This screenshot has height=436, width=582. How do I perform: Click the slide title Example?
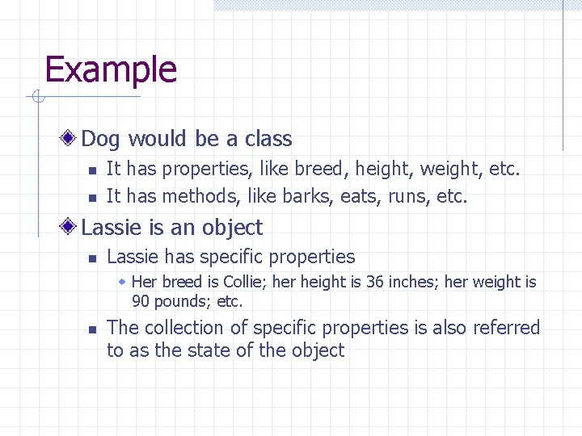pyautogui.click(x=111, y=70)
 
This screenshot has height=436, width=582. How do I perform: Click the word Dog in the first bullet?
pyautogui.click(x=100, y=140)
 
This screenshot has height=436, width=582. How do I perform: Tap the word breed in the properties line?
pyautogui.click(x=318, y=170)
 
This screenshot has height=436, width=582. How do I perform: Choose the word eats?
pyautogui.click(x=361, y=196)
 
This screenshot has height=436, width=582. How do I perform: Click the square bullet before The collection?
pyautogui.click(x=91, y=329)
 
